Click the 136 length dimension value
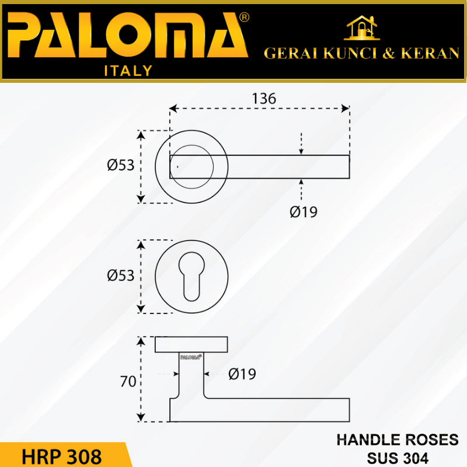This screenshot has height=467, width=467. (x=264, y=99)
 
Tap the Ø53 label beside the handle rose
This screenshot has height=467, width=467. (x=121, y=165)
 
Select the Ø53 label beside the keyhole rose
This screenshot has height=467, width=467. (x=121, y=276)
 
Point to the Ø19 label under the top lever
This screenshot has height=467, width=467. (x=304, y=212)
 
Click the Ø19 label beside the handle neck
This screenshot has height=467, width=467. (x=242, y=374)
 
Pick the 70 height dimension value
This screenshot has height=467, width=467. (x=128, y=382)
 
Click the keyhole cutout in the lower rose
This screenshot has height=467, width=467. (x=191, y=277)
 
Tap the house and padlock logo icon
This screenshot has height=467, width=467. (x=361, y=27)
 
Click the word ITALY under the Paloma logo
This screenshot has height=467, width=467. (x=128, y=71)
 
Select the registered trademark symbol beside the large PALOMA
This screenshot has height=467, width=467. (x=244, y=18)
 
